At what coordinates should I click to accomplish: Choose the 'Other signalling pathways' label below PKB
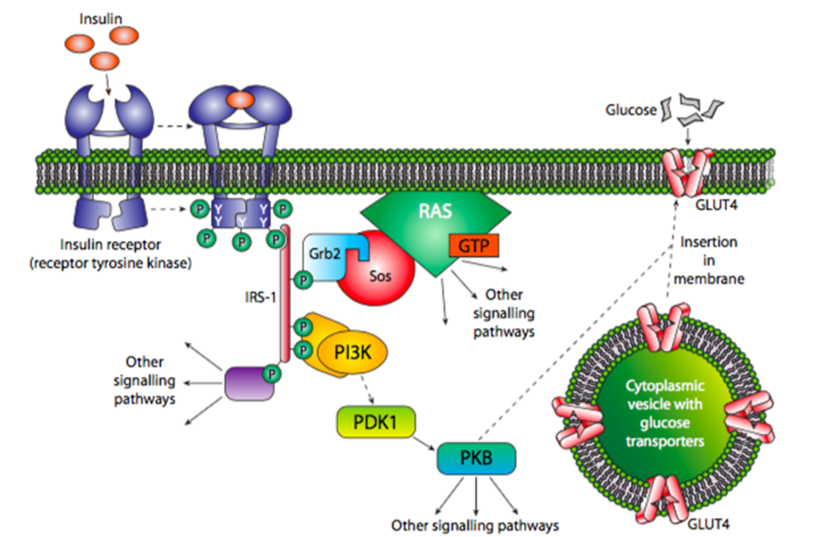[x=474, y=525]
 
